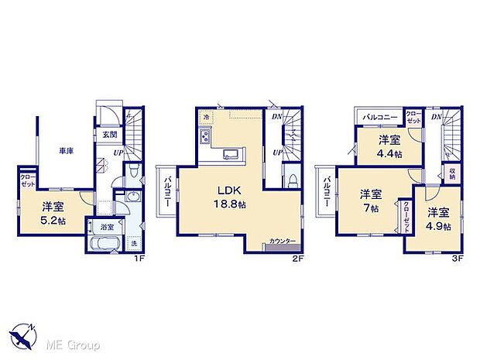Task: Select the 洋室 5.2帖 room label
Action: [53, 212]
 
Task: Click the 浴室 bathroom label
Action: [107, 228]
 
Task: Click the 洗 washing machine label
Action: [134, 245]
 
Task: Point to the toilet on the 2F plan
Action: [291, 179]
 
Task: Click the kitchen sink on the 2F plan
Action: [231, 153]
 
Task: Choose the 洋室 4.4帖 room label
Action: [389, 146]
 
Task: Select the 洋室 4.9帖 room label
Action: [437, 218]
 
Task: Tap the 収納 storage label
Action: [452, 172]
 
